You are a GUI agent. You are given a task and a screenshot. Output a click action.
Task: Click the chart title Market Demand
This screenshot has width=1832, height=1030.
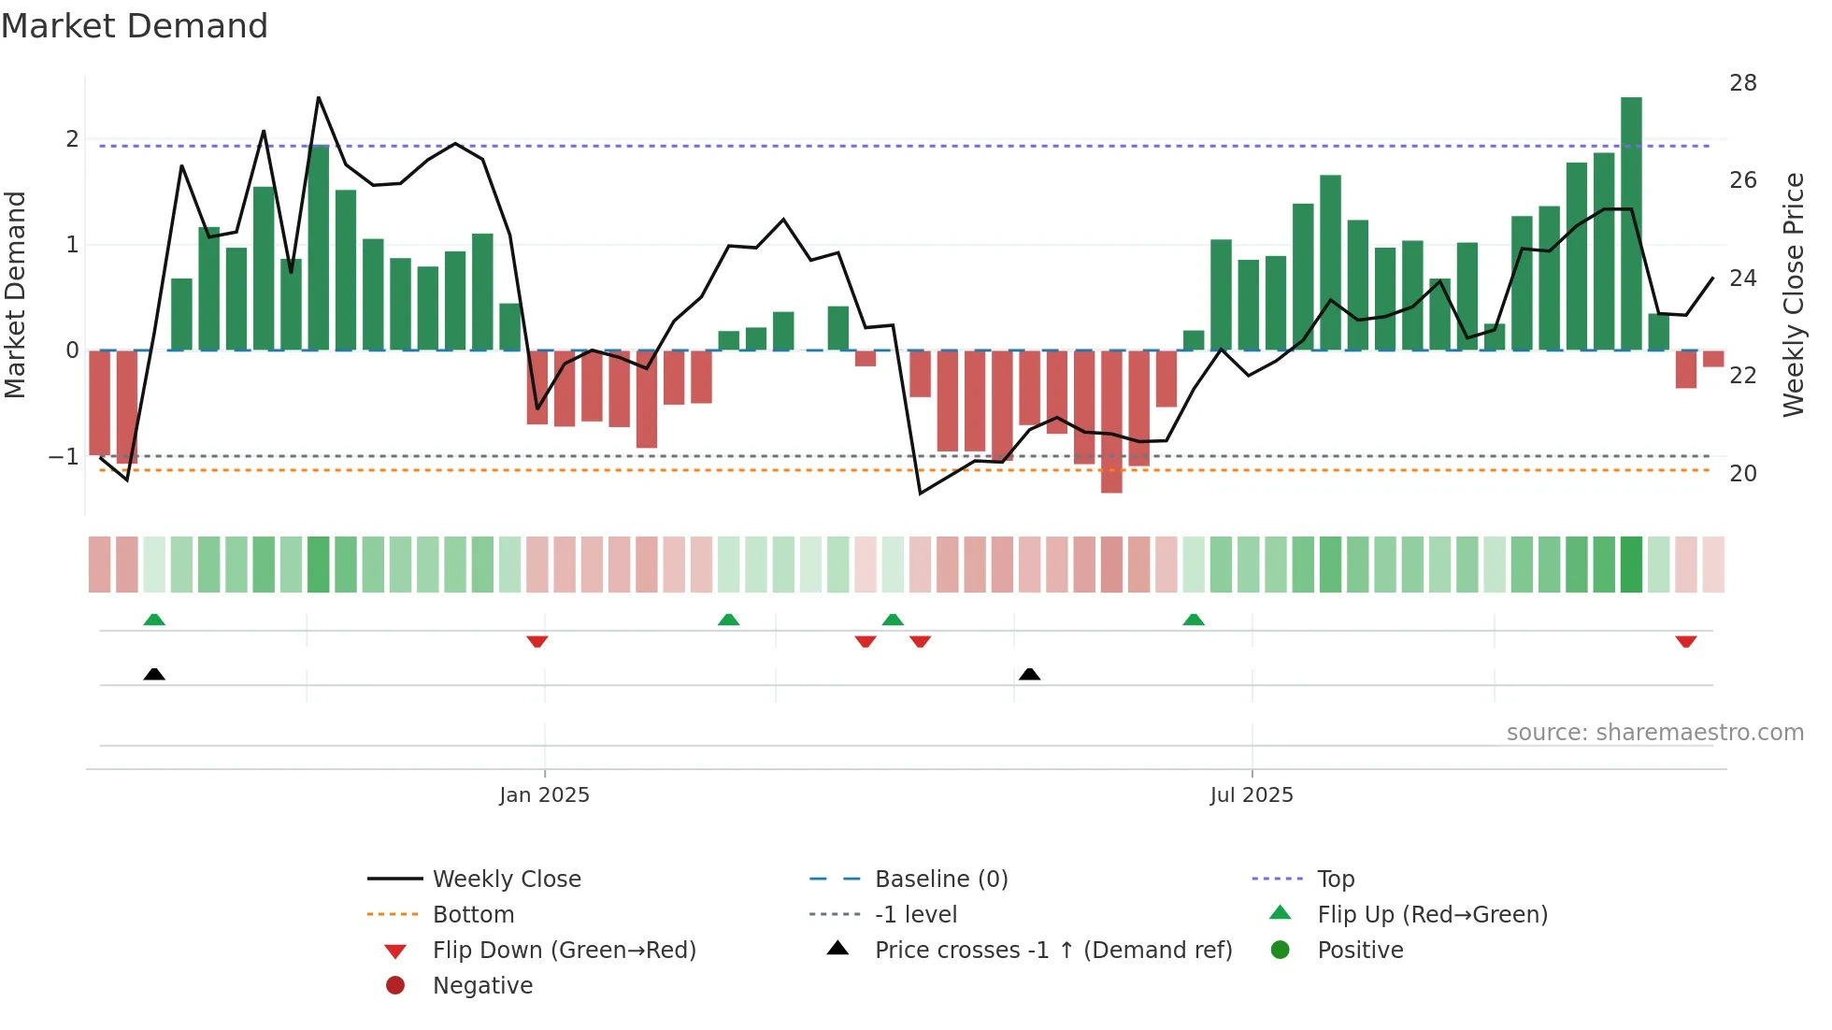[x=135, y=26]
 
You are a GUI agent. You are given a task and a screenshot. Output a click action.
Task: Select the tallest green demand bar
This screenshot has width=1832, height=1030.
[x=1631, y=224]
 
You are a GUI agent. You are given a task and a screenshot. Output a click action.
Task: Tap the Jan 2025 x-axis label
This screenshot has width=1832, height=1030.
[x=544, y=795]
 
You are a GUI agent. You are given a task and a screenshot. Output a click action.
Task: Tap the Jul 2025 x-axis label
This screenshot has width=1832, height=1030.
[x=1251, y=795]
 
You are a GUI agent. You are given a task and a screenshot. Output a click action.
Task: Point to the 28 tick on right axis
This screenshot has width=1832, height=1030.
[x=1742, y=83]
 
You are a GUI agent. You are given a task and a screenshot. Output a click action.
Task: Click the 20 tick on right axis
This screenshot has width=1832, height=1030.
[x=1742, y=474]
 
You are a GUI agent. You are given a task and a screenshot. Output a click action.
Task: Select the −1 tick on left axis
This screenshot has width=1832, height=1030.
[x=64, y=457]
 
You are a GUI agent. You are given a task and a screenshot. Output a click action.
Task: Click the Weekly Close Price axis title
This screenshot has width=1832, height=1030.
[x=1793, y=295]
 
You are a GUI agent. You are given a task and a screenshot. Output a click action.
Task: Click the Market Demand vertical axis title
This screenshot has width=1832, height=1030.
[x=15, y=295]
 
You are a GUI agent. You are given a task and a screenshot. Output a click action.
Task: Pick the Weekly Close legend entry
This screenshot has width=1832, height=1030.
[x=506, y=880]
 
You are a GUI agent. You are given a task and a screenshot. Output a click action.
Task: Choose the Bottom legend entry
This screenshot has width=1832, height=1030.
[x=473, y=915]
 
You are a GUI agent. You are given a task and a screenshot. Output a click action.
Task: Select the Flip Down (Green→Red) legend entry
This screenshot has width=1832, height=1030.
[x=564, y=951]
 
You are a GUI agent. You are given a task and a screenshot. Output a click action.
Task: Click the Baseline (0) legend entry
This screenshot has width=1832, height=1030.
[x=940, y=880]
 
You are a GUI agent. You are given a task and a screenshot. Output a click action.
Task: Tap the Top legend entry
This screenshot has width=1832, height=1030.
[x=1335, y=880]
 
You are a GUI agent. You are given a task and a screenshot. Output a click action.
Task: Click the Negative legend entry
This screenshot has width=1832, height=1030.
[x=482, y=986]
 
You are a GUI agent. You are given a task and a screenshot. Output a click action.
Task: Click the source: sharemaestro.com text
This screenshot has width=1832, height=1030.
[x=1654, y=733]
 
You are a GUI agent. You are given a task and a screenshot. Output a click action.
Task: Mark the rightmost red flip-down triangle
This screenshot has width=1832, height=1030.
[x=1685, y=641]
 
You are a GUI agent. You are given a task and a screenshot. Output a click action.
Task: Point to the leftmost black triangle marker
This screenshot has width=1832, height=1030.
[x=154, y=674]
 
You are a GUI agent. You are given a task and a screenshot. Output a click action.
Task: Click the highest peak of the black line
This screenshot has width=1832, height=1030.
[x=319, y=98]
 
